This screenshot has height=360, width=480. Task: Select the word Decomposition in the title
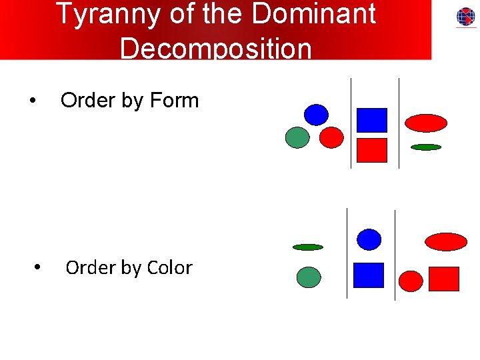[215, 48]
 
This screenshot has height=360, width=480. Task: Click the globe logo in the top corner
[466, 17]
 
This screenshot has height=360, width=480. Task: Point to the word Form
[175, 101]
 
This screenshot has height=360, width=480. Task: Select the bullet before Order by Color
[38, 268]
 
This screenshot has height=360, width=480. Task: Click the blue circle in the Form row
[317, 115]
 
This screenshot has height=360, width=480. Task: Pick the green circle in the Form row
[297, 137]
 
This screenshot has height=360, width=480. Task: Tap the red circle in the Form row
[331, 137]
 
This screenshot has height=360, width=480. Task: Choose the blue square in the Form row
[371, 120]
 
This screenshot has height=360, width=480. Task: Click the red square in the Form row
[371, 150]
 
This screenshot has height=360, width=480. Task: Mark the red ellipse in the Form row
[426, 123]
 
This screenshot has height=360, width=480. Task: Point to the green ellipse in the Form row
[426, 147]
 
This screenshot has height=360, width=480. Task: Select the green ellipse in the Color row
[308, 247]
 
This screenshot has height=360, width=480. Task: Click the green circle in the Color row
[308, 277]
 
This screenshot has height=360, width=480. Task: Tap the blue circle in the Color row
[369, 239]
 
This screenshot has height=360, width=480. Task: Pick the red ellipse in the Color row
[446, 241]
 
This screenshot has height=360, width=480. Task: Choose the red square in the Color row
[444, 279]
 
